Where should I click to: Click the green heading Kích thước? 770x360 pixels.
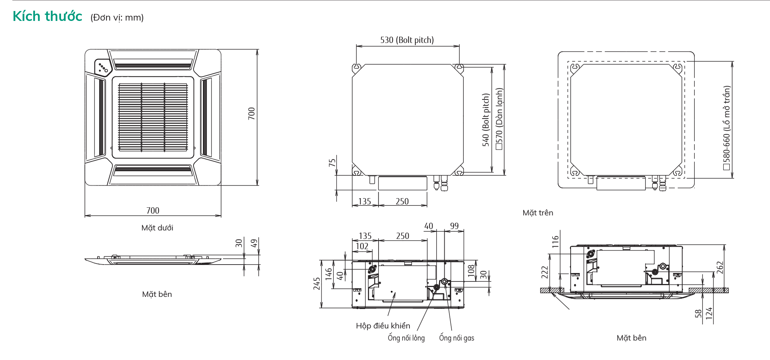tap(47, 16)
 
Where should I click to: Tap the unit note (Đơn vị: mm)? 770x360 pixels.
tap(117, 17)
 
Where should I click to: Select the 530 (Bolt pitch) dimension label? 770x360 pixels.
tap(407, 40)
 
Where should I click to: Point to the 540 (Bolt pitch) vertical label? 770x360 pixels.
tap(486, 120)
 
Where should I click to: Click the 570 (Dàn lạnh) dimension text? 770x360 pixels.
tap(499, 119)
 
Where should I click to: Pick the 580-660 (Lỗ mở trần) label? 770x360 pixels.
tap(727, 128)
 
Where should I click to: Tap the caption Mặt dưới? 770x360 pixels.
tap(157, 228)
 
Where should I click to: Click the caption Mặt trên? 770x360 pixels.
tap(538, 213)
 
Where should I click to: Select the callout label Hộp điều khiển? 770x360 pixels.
tap(383, 326)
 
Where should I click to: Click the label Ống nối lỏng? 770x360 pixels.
tap(406, 338)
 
